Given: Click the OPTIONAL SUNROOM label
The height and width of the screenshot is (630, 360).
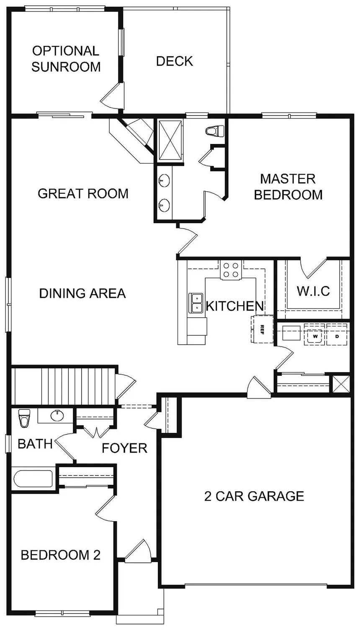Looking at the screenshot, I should [66, 59].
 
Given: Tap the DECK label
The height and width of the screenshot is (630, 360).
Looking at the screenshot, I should [175, 61].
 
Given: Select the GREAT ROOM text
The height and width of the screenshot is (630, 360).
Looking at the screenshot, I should [83, 193].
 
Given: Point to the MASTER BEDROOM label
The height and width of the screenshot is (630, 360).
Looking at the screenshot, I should [288, 187].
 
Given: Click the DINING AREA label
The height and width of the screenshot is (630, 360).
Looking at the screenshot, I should [82, 293].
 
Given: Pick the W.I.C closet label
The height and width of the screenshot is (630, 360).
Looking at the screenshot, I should [313, 291].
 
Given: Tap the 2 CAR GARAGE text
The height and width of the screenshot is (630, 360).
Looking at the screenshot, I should [254, 496].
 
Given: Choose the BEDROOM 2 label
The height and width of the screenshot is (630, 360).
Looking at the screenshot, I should [61, 555].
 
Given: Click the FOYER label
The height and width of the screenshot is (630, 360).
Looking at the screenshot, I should [125, 448].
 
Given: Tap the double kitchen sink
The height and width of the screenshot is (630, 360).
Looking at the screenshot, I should [195, 303].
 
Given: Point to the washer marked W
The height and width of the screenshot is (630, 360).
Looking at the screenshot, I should [315, 336].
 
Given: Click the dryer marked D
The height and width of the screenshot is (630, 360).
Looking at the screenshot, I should [337, 336].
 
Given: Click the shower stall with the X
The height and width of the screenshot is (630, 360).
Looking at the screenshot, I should [170, 139].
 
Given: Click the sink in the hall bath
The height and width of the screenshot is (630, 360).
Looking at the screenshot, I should [56, 415].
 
